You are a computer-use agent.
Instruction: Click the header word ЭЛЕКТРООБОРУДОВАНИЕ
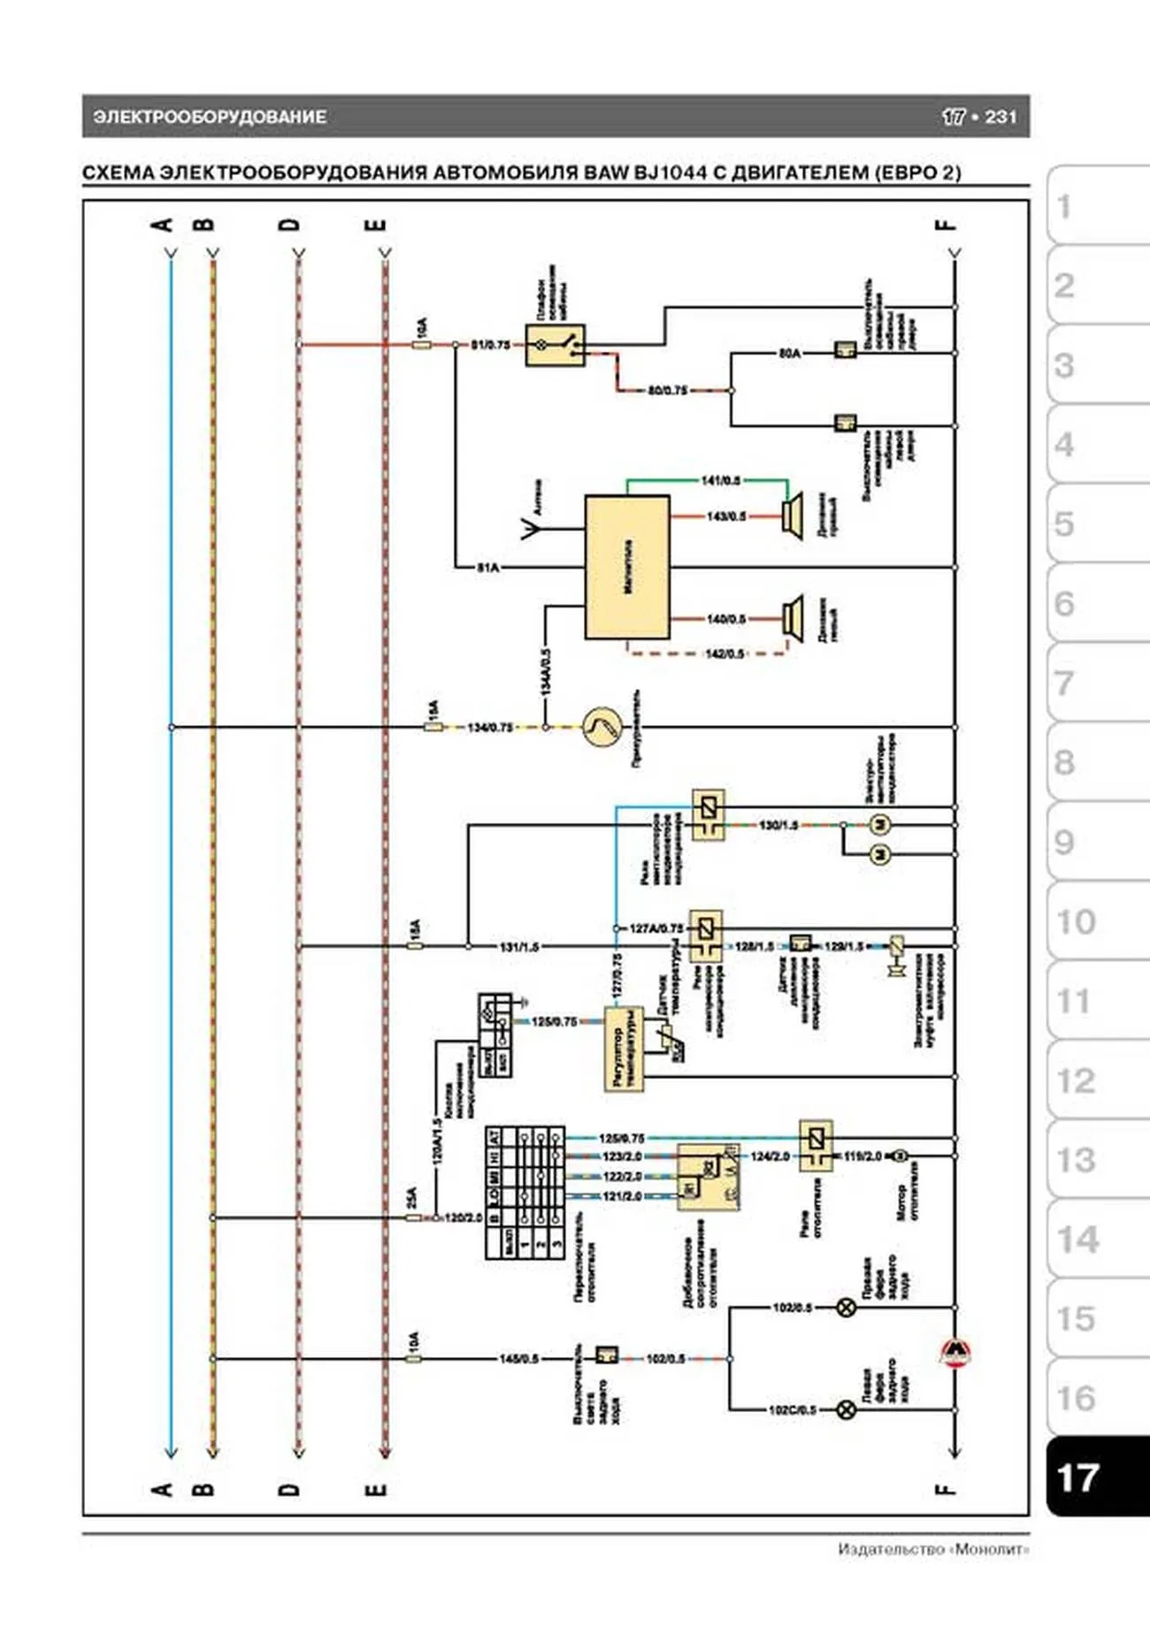click(x=210, y=117)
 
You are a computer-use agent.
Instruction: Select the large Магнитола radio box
click(x=627, y=567)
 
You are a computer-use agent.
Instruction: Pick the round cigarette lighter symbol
click(x=602, y=727)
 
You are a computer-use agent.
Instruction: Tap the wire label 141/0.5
click(x=720, y=480)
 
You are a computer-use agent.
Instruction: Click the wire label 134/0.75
click(x=490, y=727)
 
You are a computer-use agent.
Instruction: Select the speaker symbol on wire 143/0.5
click(x=792, y=515)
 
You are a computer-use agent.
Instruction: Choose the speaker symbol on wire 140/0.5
click(x=792, y=618)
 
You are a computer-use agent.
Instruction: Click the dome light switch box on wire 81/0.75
click(x=556, y=345)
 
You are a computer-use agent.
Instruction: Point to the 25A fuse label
click(x=411, y=1198)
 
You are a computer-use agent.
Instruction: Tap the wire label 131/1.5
click(x=518, y=947)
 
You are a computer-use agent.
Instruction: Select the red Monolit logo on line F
click(x=954, y=1352)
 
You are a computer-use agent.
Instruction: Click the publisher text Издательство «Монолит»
click(x=933, y=1549)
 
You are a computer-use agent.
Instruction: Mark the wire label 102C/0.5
click(x=792, y=1410)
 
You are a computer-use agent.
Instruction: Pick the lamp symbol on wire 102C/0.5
click(x=846, y=1410)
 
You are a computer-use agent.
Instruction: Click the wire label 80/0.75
click(x=668, y=390)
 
